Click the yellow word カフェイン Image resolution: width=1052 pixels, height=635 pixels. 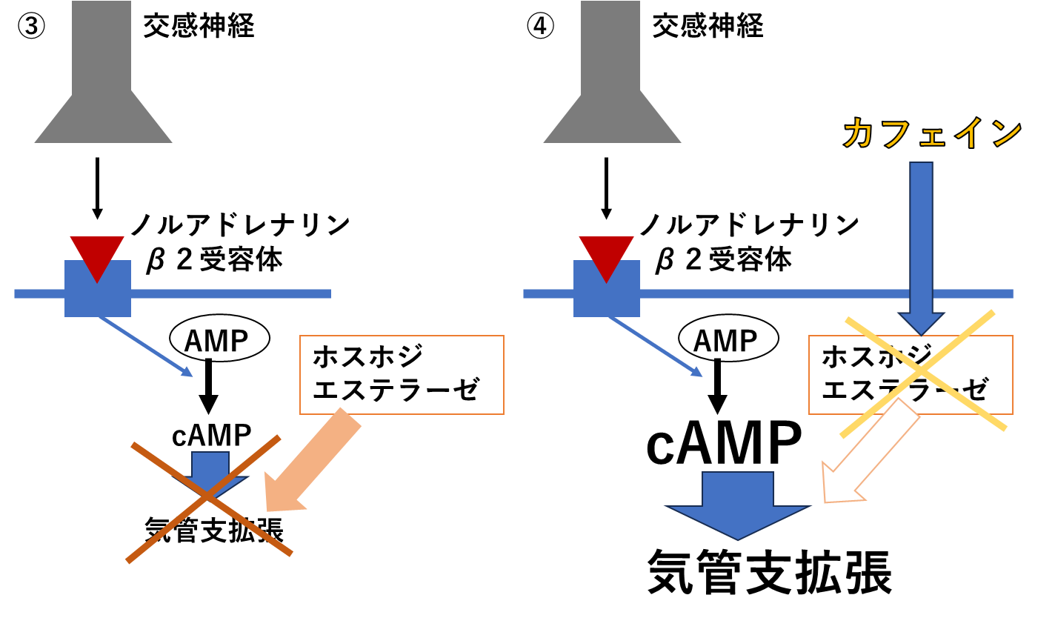point(932,133)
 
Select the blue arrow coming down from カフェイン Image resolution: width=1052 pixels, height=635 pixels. point(921,237)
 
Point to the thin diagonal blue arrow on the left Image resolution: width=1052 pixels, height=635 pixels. point(145,346)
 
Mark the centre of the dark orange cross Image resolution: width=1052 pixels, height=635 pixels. point(208,496)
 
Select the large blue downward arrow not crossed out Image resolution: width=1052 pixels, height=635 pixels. point(738,504)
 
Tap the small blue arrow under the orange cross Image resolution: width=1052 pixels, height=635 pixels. point(211,468)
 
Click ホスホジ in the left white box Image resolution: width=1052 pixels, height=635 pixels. point(367,356)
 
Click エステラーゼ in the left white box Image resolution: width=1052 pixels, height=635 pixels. point(396,389)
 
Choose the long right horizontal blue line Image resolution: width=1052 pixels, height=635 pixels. point(770,293)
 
